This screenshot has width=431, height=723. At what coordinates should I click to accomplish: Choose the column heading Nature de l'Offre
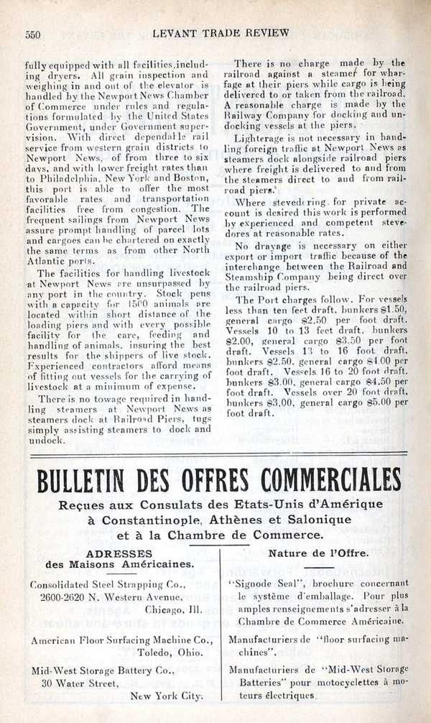(308, 553)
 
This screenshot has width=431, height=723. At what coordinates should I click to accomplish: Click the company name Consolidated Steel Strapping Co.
(108, 584)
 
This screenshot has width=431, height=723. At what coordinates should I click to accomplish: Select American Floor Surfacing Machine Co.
(121, 640)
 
